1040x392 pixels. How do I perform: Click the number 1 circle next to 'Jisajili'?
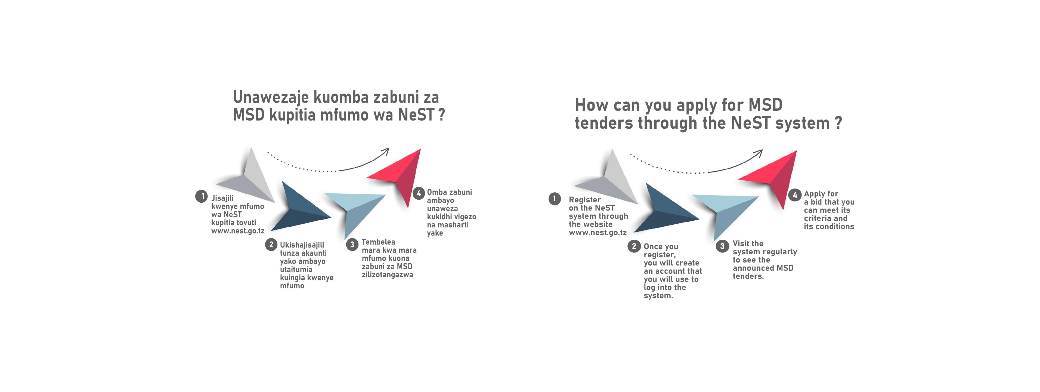(x=202, y=196)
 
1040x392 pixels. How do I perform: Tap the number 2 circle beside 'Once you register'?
(x=634, y=246)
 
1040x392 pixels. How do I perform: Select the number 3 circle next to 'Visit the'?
(x=722, y=246)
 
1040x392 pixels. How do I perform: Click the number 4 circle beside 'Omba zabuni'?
(x=419, y=193)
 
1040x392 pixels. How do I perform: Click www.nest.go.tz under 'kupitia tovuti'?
(x=238, y=231)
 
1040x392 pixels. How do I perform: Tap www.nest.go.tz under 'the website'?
(x=598, y=233)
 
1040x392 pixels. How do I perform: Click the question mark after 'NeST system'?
(x=838, y=122)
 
